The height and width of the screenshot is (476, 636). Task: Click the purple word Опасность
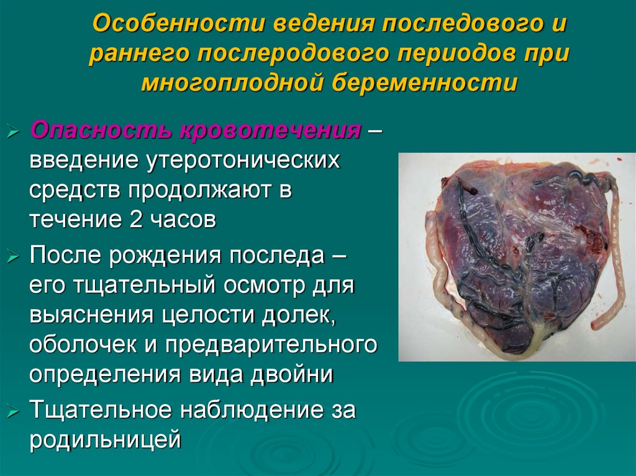tap(101, 132)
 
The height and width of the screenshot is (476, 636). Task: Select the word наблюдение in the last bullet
tap(262, 410)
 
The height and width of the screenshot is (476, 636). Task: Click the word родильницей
tap(105, 439)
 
